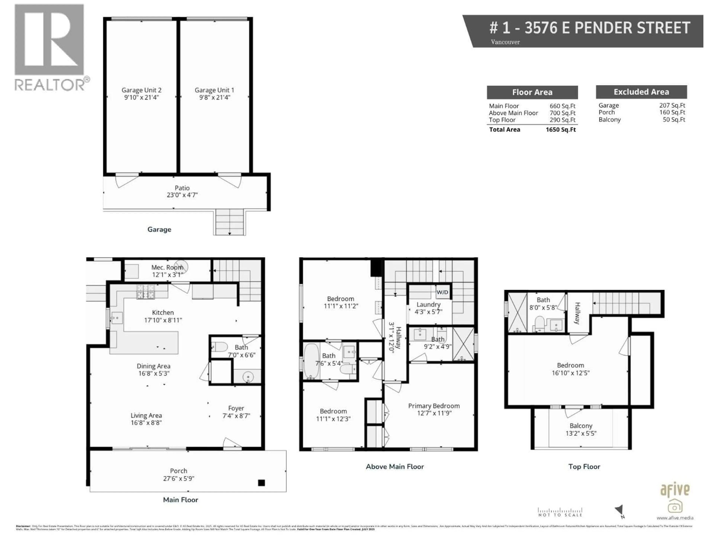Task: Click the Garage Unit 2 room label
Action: [141, 90]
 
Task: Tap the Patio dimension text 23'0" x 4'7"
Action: [182, 195]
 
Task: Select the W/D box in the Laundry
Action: [442, 292]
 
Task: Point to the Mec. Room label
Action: [167, 267]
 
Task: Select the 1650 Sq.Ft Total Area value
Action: [561, 130]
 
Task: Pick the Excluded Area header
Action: [641, 92]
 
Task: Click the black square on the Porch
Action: [261, 483]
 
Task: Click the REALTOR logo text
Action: [50, 85]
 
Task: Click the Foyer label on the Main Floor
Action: [236, 408]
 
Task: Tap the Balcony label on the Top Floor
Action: [581, 426]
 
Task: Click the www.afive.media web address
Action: [675, 527]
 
